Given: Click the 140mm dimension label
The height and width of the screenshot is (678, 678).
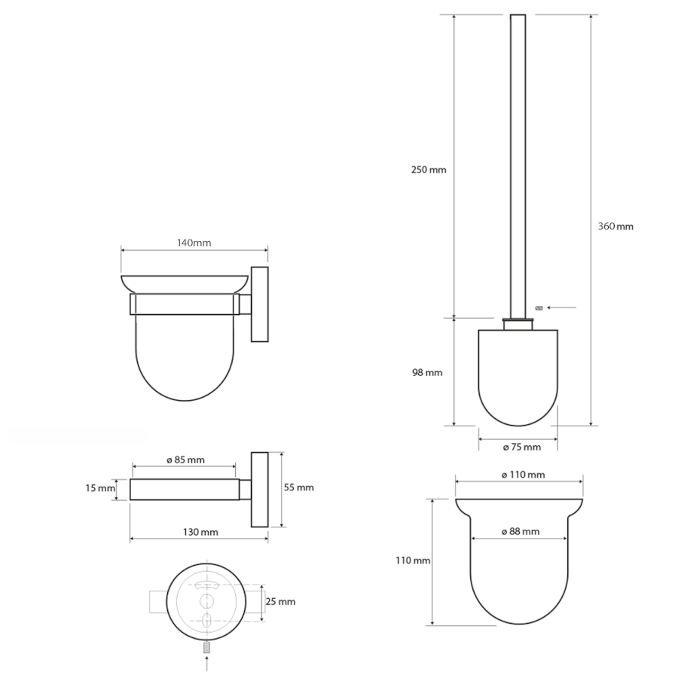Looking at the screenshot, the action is [194, 243].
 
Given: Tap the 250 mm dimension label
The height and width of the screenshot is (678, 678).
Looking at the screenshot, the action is [429, 170].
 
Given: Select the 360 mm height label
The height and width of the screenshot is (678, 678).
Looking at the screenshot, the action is [615, 226].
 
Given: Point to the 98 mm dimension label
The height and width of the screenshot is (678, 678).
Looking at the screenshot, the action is [427, 372].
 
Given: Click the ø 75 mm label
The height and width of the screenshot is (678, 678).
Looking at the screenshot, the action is [522, 447].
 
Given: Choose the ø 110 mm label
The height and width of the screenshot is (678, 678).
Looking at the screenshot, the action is [524, 475].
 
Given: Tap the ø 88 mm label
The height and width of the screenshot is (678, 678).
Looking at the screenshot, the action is [521, 531].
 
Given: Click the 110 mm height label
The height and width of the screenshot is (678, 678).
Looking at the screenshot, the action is [413, 560].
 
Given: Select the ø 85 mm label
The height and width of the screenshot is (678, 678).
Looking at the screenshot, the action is [185, 460].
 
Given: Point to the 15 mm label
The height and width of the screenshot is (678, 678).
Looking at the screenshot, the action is [100, 488].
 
